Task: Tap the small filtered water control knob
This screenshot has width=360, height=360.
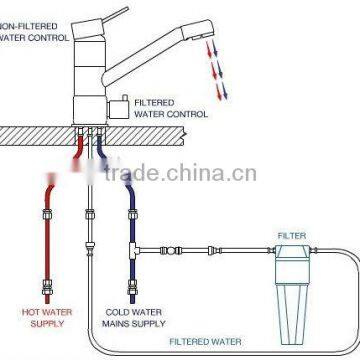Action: tap(123, 103)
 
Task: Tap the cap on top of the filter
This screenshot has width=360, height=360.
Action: tap(290, 250)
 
